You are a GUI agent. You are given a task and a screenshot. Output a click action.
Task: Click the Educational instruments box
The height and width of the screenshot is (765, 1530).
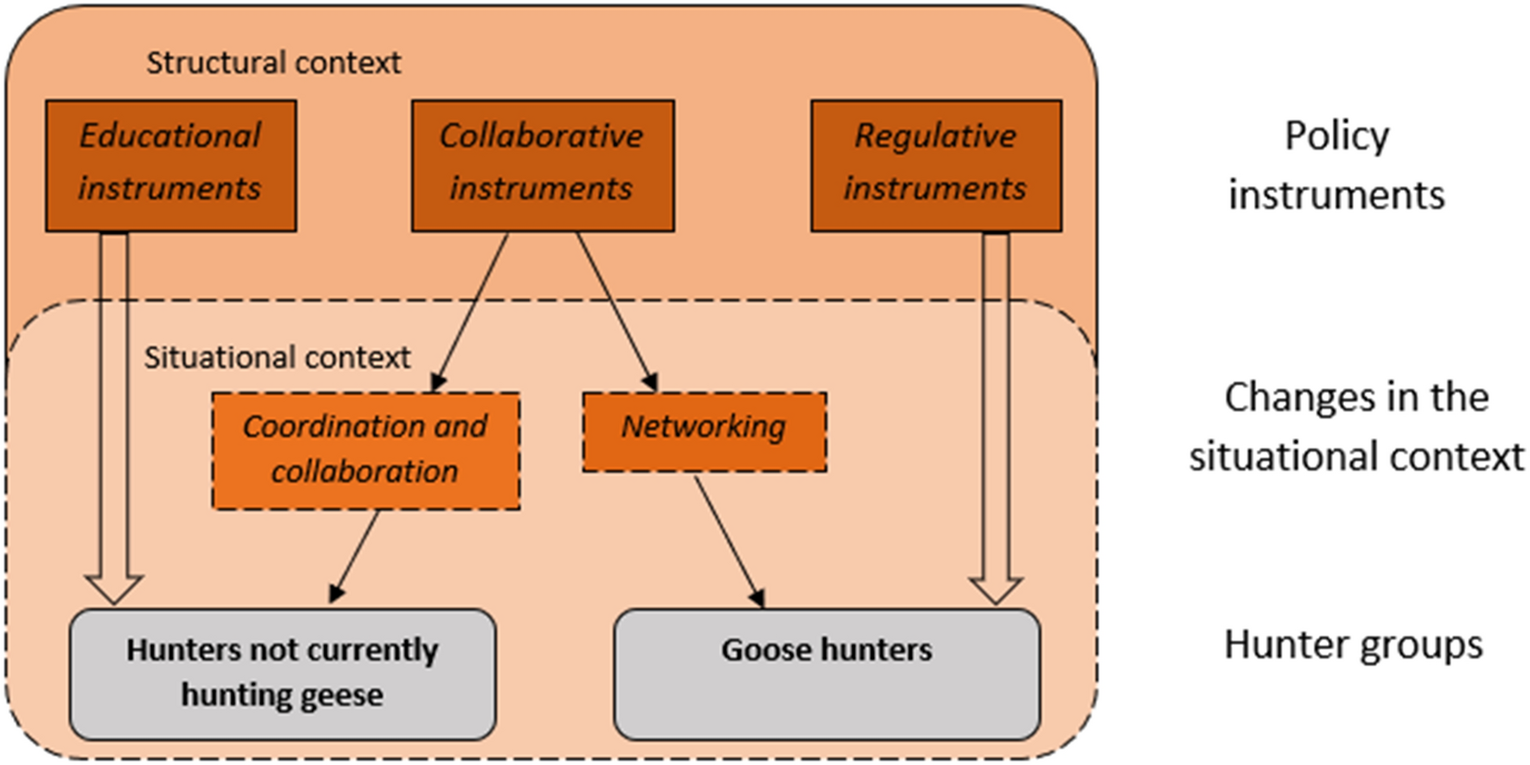(x=171, y=165)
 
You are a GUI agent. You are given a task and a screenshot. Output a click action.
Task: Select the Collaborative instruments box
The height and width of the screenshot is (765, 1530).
(x=543, y=165)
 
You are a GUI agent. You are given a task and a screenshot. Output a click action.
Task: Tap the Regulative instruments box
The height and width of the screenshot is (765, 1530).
(x=935, y=165)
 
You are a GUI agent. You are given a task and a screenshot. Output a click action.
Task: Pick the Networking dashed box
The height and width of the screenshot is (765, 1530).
(x=704, y=432)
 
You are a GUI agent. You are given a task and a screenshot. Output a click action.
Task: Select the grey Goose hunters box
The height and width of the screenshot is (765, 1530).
(x=826, y=673)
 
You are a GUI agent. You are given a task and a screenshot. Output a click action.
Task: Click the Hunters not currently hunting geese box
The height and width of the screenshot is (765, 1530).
(x=282, y=673)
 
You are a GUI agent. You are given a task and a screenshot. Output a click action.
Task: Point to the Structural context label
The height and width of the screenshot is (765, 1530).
(x=273, y=63)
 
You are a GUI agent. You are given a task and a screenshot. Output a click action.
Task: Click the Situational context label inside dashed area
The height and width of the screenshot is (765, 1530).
(x=277, y=357)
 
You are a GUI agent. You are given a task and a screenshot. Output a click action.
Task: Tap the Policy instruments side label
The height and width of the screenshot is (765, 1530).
(x=1336, y=165)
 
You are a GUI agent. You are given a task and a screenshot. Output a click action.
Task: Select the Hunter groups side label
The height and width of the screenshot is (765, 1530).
(x=1353, y=645)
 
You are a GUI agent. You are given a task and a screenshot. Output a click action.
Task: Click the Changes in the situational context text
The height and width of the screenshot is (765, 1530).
(x=1356, y=426)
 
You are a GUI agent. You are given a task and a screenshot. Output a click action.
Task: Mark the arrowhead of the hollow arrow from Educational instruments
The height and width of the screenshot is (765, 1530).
(x=114, y=589)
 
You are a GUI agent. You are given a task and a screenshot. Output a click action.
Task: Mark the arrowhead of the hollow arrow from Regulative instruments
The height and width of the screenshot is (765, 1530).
(x=996, y=589)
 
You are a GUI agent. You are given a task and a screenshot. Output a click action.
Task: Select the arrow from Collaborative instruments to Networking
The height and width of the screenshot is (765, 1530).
(x=616, y=310)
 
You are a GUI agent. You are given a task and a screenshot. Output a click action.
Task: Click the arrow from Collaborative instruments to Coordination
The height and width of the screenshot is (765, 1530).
(x=471, y=310)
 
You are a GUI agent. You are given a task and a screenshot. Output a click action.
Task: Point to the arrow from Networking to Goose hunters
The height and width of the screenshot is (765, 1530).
(x=729, y=542)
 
